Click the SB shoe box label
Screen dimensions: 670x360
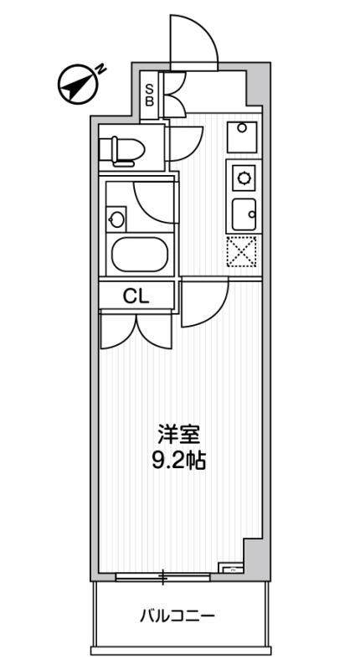click(150, 95)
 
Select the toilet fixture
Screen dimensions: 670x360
click(120, 150)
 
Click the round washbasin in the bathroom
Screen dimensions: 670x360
click(116, 220)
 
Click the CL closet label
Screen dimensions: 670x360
click(137, 296)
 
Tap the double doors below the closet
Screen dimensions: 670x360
click(137, 328)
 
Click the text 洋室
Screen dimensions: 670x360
click(179, 436)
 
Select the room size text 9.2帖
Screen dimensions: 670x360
click(179, 460)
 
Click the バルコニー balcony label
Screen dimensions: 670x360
click(177, 617)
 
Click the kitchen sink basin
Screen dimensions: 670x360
click(244, 214)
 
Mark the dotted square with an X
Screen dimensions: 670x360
click(242, 250)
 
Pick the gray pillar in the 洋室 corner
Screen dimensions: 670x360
click(252, 554)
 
